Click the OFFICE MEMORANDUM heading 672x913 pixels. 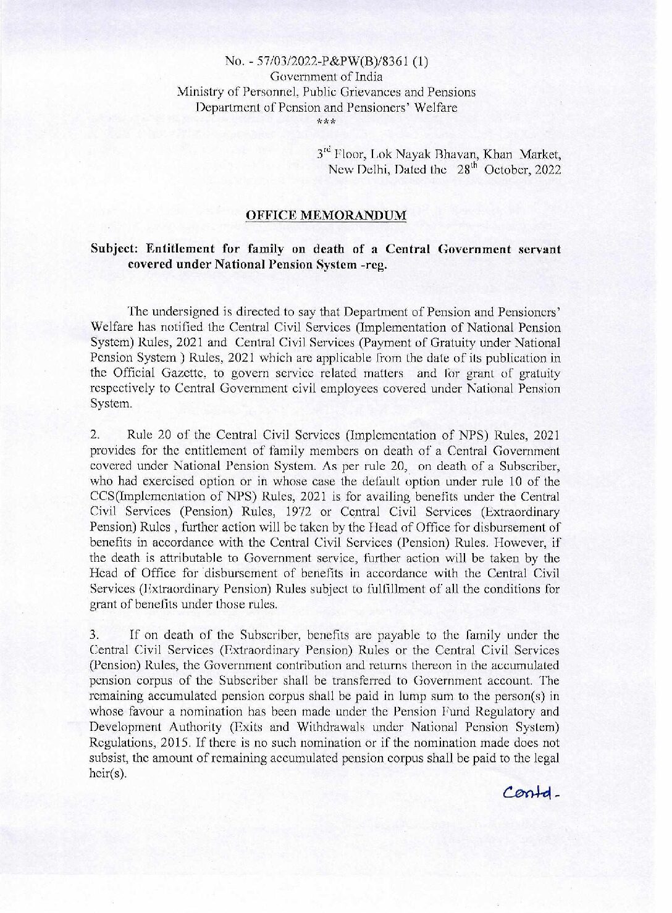tap(326, 215)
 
